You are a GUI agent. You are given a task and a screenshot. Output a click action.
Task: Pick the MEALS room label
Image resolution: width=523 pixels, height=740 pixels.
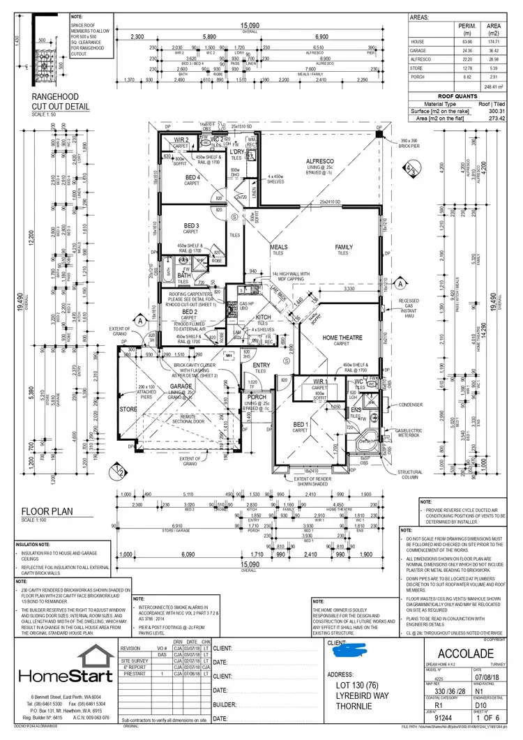[279, 247]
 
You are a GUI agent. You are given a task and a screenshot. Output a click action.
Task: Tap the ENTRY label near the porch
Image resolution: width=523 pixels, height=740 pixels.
[261, 365]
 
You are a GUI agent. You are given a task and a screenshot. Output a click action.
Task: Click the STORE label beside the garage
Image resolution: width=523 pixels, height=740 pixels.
[129, 409]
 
